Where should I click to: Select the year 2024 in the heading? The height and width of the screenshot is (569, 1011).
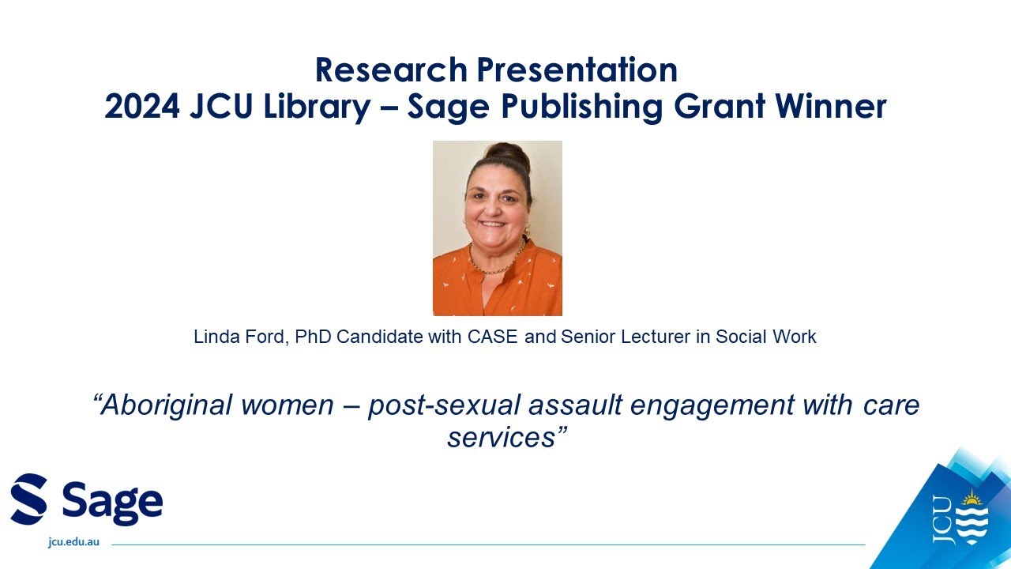click(x=141, y=107)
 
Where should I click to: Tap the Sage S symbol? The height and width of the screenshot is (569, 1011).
click(x=29, y=499)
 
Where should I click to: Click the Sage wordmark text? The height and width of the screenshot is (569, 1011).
click(x=111, y=500)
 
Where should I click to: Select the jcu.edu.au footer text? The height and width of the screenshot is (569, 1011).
click(x=73, y=544)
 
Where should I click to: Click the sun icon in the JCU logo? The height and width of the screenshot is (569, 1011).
click(x=971, y=499)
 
